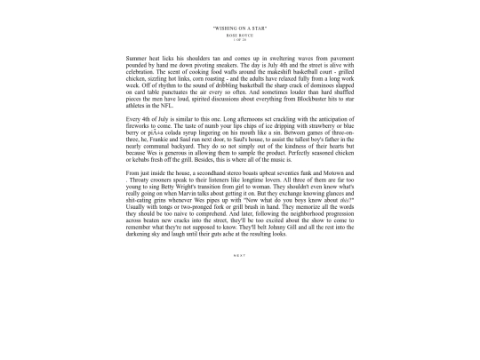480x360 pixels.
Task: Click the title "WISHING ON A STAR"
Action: pyautogui.click(x=240, y=29)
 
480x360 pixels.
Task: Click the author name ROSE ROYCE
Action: pyautogui.click(x=240, y=36)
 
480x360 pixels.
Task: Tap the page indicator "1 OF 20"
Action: pyautogui.click(x=240, y=40)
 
